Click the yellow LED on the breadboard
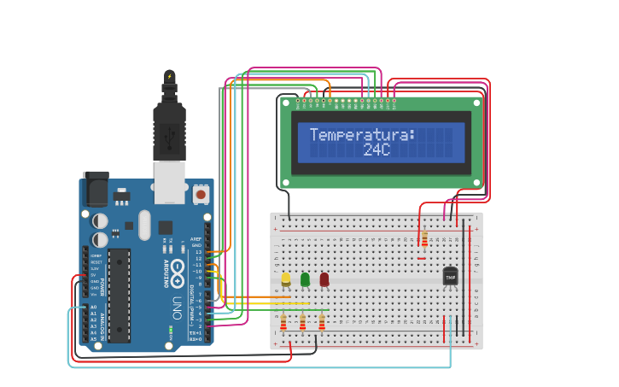(x=285, y=279)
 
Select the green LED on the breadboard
(x=305, y=279)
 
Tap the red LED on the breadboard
(x=324, y=279)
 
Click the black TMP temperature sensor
(x=450, y=277)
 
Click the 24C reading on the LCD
(x=376, y=150)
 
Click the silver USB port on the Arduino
(x=169, y=181)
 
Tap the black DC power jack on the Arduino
(x=96, y=189)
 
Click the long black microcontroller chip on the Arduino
(x=119, y=295)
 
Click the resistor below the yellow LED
(x=283, y=322)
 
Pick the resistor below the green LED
(x=302, y=322)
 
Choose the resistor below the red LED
(x=322, y=322)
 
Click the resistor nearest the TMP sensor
(x=424, y=238)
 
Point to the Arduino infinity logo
(x=178, y=273)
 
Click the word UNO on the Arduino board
(x=178, y=306)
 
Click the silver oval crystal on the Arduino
(x=144, y=225)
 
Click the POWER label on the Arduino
(x=103, y=286)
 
